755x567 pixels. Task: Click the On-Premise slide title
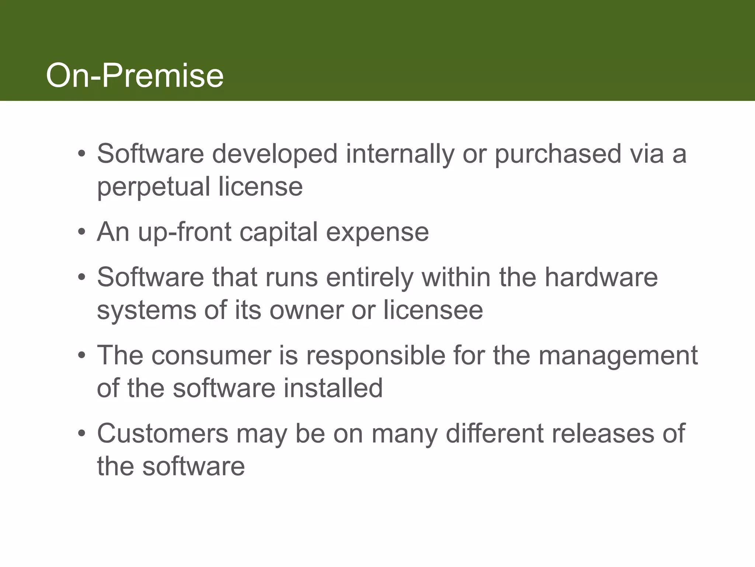(135, 76)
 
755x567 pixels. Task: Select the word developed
(275, 154)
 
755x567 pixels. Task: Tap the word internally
(400, 154)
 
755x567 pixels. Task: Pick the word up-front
(184, 233)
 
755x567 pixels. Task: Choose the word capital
(278, 233)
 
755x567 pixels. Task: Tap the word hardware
(601, 277)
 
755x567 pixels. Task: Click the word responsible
(376, 355)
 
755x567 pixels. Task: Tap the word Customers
(163, 434)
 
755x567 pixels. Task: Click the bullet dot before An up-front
(81, 233)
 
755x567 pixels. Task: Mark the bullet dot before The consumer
(81, 356)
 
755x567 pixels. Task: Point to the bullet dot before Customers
(81, 434)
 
